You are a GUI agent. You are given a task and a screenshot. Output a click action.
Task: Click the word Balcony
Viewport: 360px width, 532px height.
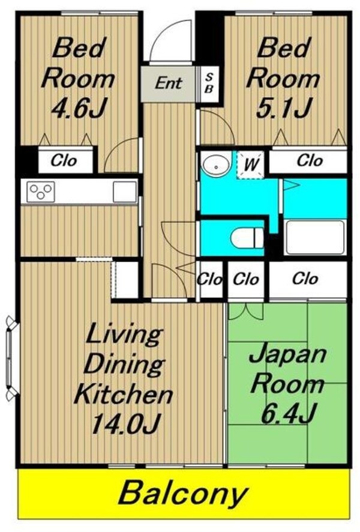point(182,494)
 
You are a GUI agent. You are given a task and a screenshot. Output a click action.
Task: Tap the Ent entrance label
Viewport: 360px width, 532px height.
point(169,83)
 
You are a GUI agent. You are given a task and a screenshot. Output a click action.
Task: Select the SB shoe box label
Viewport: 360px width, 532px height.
point(208,83)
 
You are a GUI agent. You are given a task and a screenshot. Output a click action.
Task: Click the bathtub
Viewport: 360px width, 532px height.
point(314,238)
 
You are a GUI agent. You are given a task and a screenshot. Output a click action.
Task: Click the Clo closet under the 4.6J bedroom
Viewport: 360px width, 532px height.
point(64,160)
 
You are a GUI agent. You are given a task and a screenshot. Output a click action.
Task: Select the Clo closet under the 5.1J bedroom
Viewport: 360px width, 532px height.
point(309,160)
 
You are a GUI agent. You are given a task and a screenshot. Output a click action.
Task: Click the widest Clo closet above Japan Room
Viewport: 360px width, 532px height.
point(306,279)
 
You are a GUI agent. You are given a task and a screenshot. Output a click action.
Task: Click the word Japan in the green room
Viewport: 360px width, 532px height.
point(287,354)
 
